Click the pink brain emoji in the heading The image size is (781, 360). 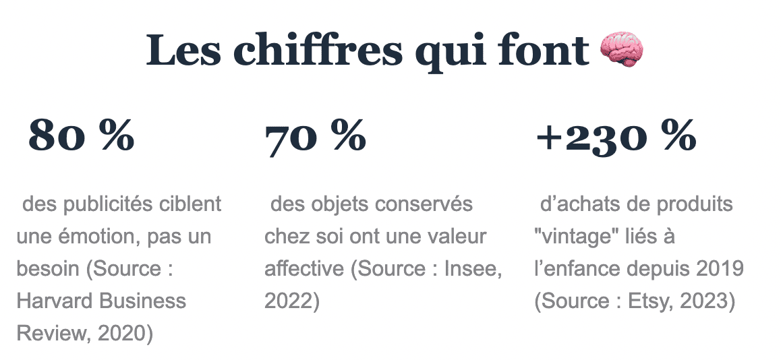point(621,50)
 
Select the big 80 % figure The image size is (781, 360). point(82,136)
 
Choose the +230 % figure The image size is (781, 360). point(616,136)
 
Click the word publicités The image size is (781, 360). point(109,204)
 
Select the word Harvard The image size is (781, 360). point(55,301)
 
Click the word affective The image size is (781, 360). point(304,268)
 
